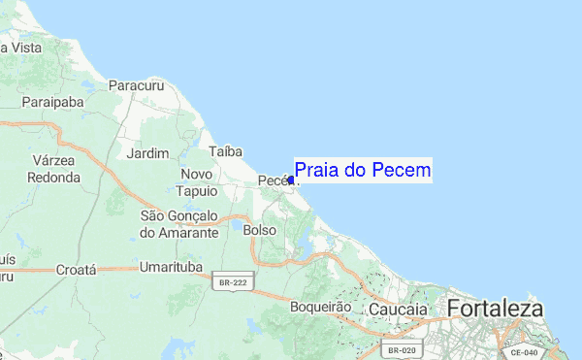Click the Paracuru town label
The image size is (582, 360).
click(x=137, y=86)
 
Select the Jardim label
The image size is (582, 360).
click(x=147, y=153)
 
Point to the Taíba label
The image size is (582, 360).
click(x=224, y=151)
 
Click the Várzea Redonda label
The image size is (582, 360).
click(x=54, y=168)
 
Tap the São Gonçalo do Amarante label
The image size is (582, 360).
click(x=179, y=224)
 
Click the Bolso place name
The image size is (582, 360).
click(x=259, y=230)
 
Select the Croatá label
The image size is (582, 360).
click(x=76, y=269)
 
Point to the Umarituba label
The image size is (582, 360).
click(x=170, y=267)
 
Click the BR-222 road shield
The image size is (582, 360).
click(x=233, y=280)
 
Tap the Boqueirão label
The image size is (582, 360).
click(x=318, y=307)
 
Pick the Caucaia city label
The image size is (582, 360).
click(x=398, y=309)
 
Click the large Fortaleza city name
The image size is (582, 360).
click(x=495, y=309)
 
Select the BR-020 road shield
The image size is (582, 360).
click(x=401, y=349)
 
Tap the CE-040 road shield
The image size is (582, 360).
click(x=524, y=354)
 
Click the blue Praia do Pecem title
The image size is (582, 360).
click(x=363, y=171)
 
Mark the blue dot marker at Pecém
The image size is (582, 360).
click(x=291, y=180)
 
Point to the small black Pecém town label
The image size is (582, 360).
click(x=273, y=181)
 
